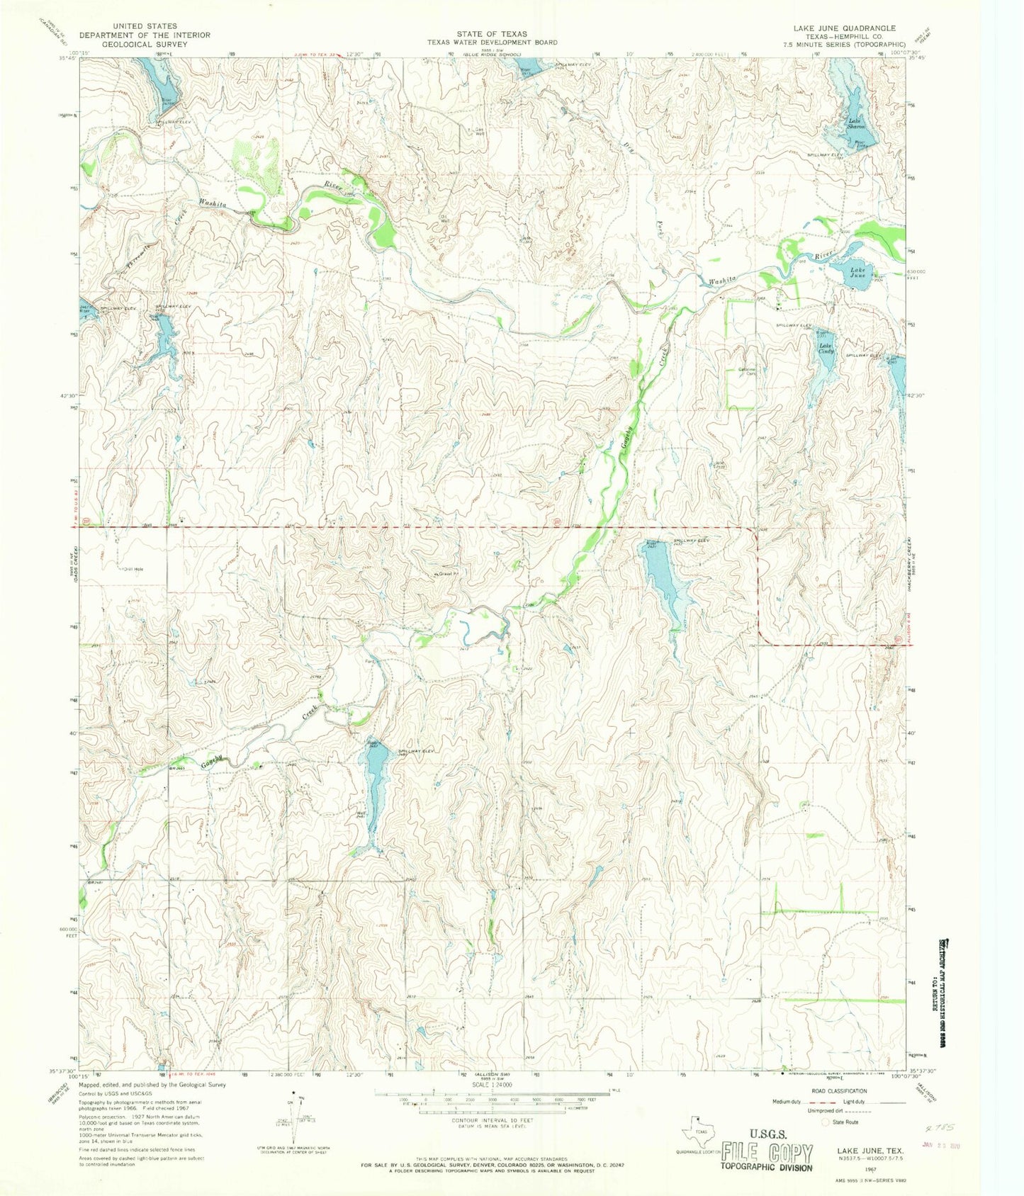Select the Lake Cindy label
[x=826, y=349]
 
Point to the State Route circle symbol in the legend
[x=825, y=1122]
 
